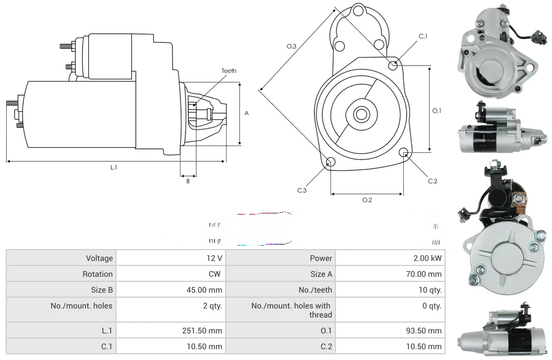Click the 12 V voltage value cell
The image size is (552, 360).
(215, 258)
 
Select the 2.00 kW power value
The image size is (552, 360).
(428, 258)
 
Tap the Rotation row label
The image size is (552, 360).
(97, 274)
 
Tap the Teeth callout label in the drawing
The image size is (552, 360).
(228, 71)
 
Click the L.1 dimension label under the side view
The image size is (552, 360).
(114, 168)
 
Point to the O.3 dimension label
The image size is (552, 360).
(291, 46)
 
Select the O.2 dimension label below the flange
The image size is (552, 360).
(367, 200)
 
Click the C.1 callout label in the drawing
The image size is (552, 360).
(422, 36)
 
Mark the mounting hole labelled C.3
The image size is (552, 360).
(331, 162)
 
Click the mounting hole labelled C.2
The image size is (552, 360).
(404, 152)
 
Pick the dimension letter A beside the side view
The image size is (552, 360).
(247, 113)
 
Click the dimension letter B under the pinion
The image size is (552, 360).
(188, 181)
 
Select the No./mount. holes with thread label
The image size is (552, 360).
(291, 310)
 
